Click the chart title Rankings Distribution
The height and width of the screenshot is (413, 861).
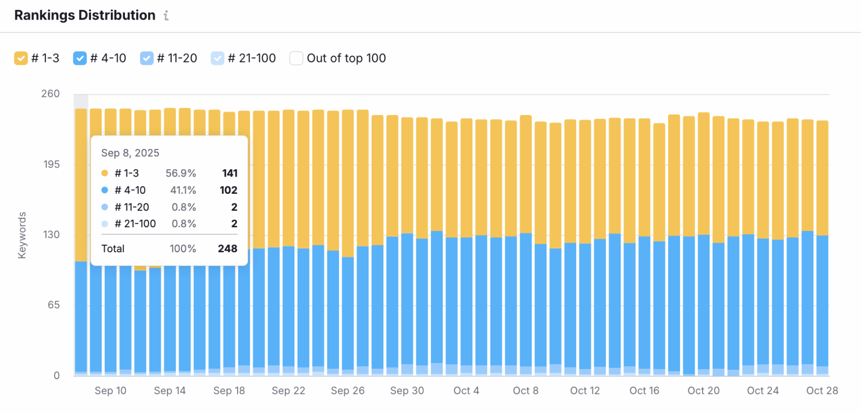click(85, 15)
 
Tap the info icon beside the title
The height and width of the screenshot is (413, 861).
click(166, 16)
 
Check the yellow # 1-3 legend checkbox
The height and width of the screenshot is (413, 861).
click(21, 58)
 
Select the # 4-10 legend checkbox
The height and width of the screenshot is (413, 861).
click(80, 58)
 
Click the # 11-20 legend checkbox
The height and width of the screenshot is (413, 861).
click(147, 58)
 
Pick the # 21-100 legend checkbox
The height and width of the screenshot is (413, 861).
click(217, 58)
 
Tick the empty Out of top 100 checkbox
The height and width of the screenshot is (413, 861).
click(296, 58)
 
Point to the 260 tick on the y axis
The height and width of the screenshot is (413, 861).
click(50, 93)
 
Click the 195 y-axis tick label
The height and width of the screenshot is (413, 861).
click(51, 164)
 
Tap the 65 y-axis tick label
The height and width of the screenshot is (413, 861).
click(53, 305)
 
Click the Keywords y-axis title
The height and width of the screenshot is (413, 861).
click(22, 235)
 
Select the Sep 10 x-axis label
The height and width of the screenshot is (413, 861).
click(110, 390)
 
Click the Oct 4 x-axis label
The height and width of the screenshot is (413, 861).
click(466, 390)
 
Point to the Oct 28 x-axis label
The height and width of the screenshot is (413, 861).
click(822, 390)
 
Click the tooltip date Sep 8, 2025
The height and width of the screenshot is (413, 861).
click(130, 153)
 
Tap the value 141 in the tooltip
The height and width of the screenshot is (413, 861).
click(230, 173)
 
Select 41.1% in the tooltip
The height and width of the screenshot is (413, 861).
click(183, 190)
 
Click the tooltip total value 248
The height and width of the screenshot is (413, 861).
click(227, 249)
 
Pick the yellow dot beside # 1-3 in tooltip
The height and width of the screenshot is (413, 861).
click(105, 173)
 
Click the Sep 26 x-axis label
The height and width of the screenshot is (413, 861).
click(347, 390)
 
